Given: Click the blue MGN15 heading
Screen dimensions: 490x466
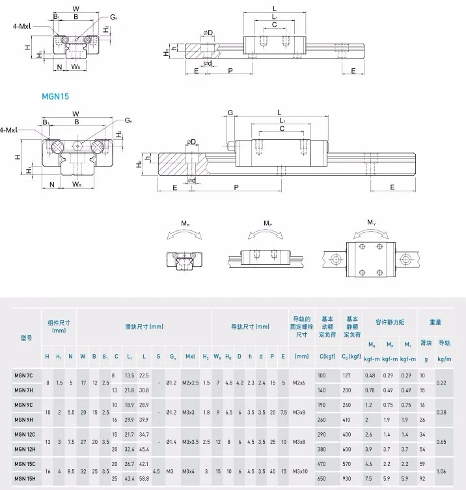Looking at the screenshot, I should [x=56, y=96].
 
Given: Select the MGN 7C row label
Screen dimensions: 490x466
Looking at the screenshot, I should [x=23, y=375].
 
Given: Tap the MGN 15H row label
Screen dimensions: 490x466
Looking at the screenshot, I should [x=23, y=479].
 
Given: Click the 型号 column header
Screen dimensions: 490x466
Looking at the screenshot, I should [x=26, y=338].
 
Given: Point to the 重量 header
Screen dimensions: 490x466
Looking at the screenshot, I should [x=435, y=322].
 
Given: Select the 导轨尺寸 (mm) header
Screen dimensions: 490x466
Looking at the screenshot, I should [x=249, y=327].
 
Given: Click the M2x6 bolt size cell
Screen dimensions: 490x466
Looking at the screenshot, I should [x=301, y=382].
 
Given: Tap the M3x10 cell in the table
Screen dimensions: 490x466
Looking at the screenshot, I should [x=301, y=472].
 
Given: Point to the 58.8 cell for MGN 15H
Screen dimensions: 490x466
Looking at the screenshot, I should [x=144, y=479].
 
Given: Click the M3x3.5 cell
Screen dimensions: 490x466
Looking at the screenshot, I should [x=191, y=442].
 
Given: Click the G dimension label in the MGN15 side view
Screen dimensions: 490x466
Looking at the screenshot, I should [x=230, y=112].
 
